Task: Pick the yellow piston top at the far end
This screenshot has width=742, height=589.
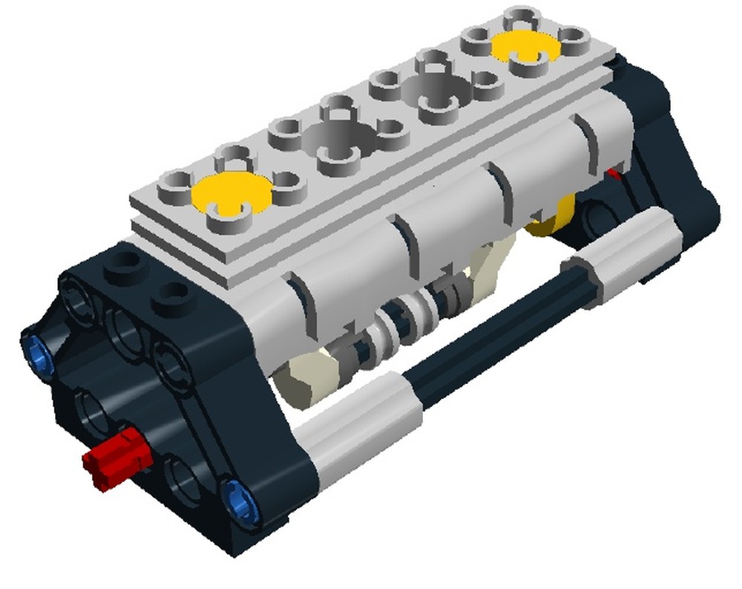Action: pyautogui.click(x=525, y=45)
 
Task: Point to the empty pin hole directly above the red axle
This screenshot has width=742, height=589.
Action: pyautogui.click(x=93, y=407)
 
